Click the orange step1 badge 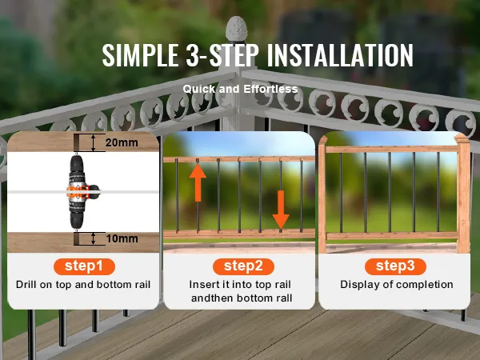point(84,266)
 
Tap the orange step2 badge point(243,266)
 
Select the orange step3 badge point(395,266)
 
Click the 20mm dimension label point(122,142)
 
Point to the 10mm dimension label point(122,238)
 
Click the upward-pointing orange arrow point(198,182)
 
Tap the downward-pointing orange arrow point(281,210)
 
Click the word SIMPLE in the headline point(141,55)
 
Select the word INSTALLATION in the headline point(340,55)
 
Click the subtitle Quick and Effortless point(240,89)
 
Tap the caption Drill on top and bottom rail point(83,285)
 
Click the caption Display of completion point(397,285)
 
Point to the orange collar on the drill point(78,192)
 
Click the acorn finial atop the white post point(236,29)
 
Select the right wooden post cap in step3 point(462,140)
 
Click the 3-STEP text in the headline point(222,55)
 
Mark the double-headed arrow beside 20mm point(94,142)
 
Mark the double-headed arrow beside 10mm point(94,238)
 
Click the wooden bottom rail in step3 point(392,236)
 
